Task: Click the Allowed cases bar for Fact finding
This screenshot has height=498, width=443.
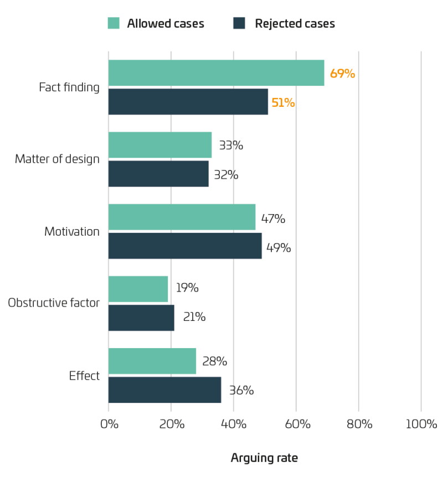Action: [x=217, y=73]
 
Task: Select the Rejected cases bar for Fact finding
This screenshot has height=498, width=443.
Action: [x=188, y=102]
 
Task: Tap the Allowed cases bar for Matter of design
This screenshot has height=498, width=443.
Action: [x=160, y=145]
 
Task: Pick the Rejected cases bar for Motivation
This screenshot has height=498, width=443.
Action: [x=185, y=246]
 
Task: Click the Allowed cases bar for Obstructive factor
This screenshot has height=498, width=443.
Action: [x=138, y=289]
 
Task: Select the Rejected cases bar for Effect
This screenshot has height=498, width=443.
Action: [x=164, y=390]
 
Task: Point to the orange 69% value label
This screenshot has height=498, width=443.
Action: [x=343, y=74]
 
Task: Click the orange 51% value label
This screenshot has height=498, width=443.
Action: [x=283, y=103]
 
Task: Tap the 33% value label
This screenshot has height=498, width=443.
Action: [x=231, y=146]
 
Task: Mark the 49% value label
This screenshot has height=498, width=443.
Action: [x=279, y=248]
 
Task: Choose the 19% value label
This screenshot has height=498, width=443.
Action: [x=188, y=288]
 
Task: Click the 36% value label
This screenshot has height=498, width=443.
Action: [x=241, y=390]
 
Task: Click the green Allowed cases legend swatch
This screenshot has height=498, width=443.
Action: [x=114, y=23]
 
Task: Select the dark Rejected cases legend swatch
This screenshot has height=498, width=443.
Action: [x=239, y=23]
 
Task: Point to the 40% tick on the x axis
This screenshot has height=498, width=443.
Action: [x=234, y=424]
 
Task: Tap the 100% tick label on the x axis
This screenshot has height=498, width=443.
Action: [x=421, y=424]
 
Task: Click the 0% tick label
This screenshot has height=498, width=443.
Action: [x=109, y=424]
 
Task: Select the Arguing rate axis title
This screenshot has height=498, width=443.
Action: [x=264, y=458]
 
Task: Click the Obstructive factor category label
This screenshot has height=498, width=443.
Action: [x=54, y=303]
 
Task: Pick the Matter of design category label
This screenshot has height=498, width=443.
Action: [x=57, y=159]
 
